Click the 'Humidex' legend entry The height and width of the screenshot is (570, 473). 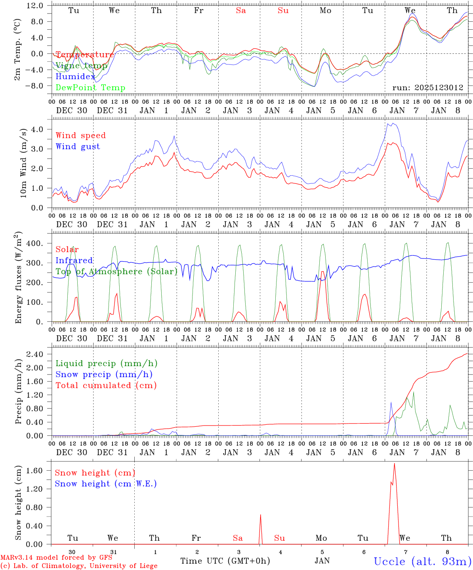point(75,77)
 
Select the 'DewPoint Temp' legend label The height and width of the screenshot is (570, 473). point(90,88)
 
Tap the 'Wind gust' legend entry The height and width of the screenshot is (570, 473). point(78,146)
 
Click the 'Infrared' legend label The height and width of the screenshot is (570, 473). point(74,260)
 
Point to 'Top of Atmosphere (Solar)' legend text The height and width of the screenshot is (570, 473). point(116,272)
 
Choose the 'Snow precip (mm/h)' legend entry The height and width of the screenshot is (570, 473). point(104,374)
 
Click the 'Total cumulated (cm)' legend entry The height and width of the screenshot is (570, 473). point(106,386)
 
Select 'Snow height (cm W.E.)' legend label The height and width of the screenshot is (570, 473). point(106,484)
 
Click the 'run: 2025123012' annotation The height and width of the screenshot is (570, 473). point(427,88)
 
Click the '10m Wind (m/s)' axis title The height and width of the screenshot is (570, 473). point(23,163)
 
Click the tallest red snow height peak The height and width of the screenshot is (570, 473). point(394,464)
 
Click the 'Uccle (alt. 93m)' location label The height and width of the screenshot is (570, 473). point(422,562)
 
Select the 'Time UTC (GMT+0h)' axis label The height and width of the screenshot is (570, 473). point(225,561)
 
